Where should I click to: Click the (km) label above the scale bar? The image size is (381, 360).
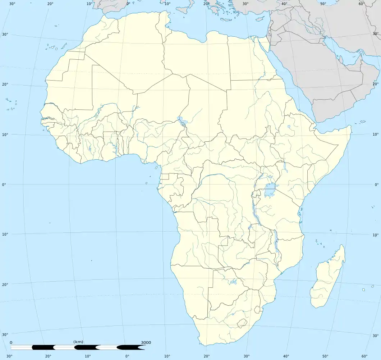tap(78, 342)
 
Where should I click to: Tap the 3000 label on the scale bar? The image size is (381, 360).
tap(146, 342)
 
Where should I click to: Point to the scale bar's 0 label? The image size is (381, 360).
tap(11, 342)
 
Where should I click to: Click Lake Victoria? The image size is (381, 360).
tap(269, 190)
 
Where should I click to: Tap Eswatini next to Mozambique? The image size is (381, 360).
tap(257, 309)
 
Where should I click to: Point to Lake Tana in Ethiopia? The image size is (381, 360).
tap(289, 127)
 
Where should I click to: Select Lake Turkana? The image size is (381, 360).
tap(285, 166)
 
